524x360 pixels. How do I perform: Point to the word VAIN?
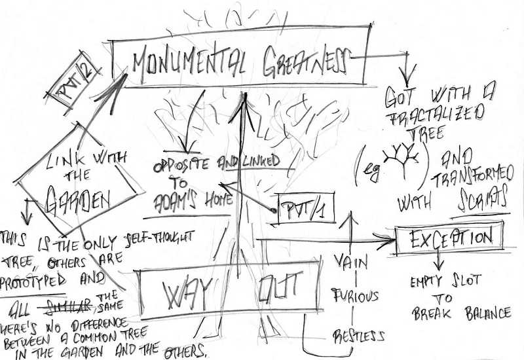(x=353, y=262)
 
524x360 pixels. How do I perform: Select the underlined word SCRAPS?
(x=481, y=200)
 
